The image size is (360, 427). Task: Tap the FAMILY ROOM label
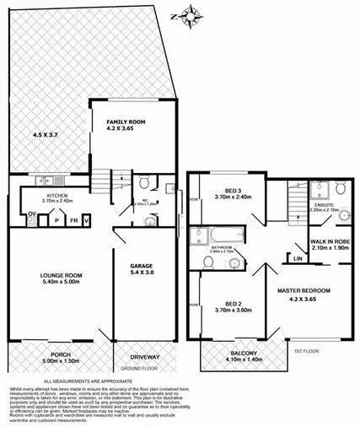(119, 123)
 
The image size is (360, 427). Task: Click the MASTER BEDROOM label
(304, 290)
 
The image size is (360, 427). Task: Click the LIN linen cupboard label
(298, 257)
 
